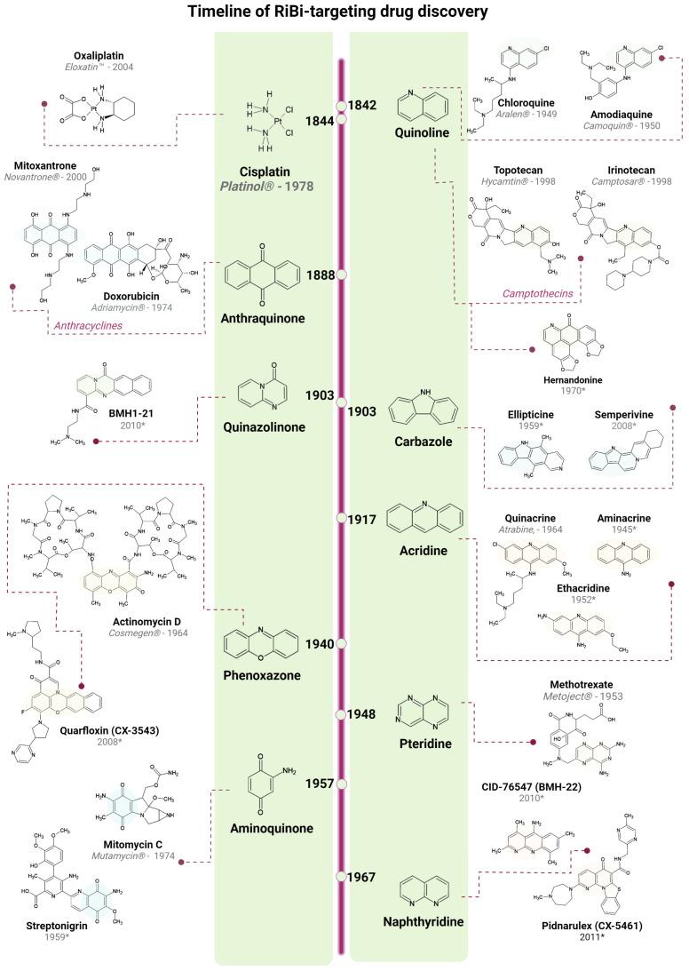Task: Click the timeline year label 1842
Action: click(x=363, y=105)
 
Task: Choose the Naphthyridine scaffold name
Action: click(x=410, y=922)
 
